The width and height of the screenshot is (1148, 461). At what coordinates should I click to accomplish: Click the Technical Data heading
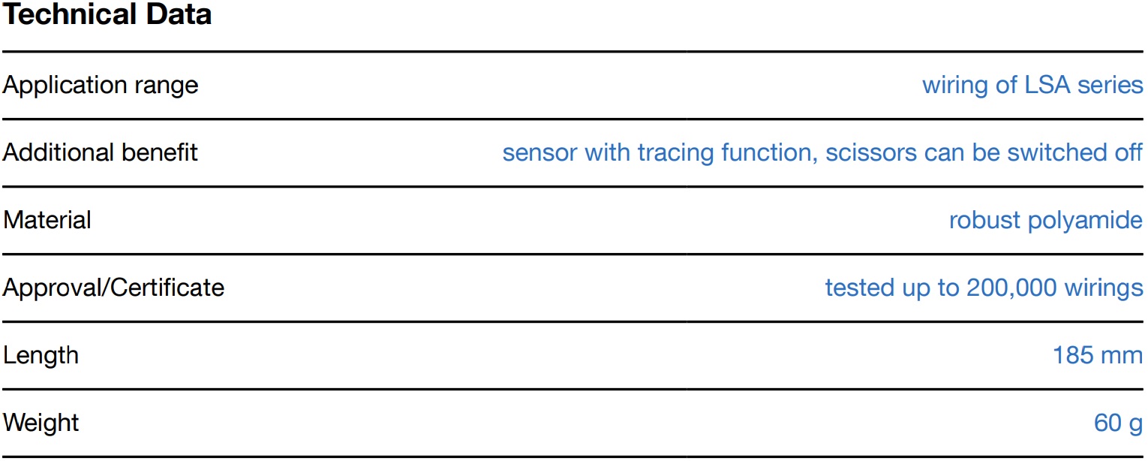click(107, 14)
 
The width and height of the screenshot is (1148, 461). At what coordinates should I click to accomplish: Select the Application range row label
click(101, 85)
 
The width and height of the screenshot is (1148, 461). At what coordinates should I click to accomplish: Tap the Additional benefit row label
click(101, 152)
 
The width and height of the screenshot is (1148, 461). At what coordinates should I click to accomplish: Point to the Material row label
click(47, 220)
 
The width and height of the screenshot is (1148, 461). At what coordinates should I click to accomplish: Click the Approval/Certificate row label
click(113, 288)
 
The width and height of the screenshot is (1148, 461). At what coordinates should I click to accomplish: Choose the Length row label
click(41, 355)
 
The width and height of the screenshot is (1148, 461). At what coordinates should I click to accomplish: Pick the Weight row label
click(41, 423)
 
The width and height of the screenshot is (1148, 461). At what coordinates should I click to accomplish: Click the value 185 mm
click(1098, 355)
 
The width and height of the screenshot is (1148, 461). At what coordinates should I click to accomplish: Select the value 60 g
click(1118, 423)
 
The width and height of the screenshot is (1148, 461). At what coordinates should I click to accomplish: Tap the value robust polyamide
click(1046, 220)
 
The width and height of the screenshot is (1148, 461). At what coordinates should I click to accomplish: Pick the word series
click(1110, 85)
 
